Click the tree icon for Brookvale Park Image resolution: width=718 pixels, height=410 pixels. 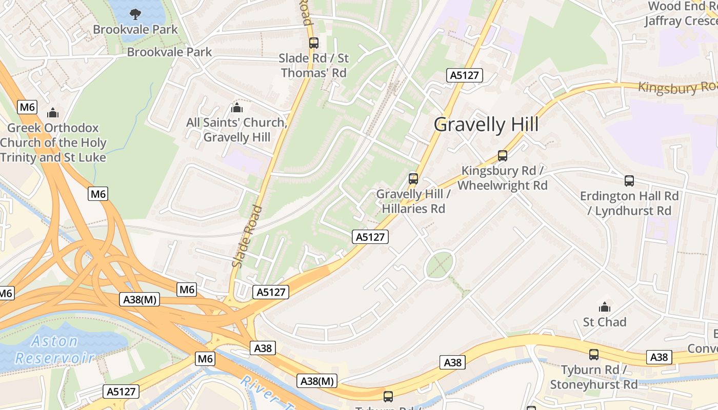135,14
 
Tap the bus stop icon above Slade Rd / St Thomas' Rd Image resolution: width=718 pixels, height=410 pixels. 313,43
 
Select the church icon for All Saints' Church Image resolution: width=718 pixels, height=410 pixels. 236,108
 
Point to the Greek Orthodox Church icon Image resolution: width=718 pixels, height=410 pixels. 53,113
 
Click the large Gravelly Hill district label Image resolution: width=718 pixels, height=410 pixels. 486,125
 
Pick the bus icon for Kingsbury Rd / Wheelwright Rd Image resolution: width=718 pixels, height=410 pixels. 503,156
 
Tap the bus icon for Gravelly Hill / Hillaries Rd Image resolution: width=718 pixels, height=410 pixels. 413,179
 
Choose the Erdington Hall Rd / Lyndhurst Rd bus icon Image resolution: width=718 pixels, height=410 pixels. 629,181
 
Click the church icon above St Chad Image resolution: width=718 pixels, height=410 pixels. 605,307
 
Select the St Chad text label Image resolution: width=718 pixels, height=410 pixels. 605,322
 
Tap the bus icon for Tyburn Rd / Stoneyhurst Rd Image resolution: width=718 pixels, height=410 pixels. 594,354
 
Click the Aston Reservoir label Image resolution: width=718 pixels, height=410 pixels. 54,350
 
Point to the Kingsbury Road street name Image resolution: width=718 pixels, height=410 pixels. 677,87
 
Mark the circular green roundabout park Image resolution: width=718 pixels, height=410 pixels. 440,264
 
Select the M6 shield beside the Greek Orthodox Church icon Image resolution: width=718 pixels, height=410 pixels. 27,107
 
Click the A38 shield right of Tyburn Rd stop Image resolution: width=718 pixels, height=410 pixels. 659,357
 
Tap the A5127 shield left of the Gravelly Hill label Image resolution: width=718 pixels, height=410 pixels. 464,75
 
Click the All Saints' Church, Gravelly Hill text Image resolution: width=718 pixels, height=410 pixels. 236,130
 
